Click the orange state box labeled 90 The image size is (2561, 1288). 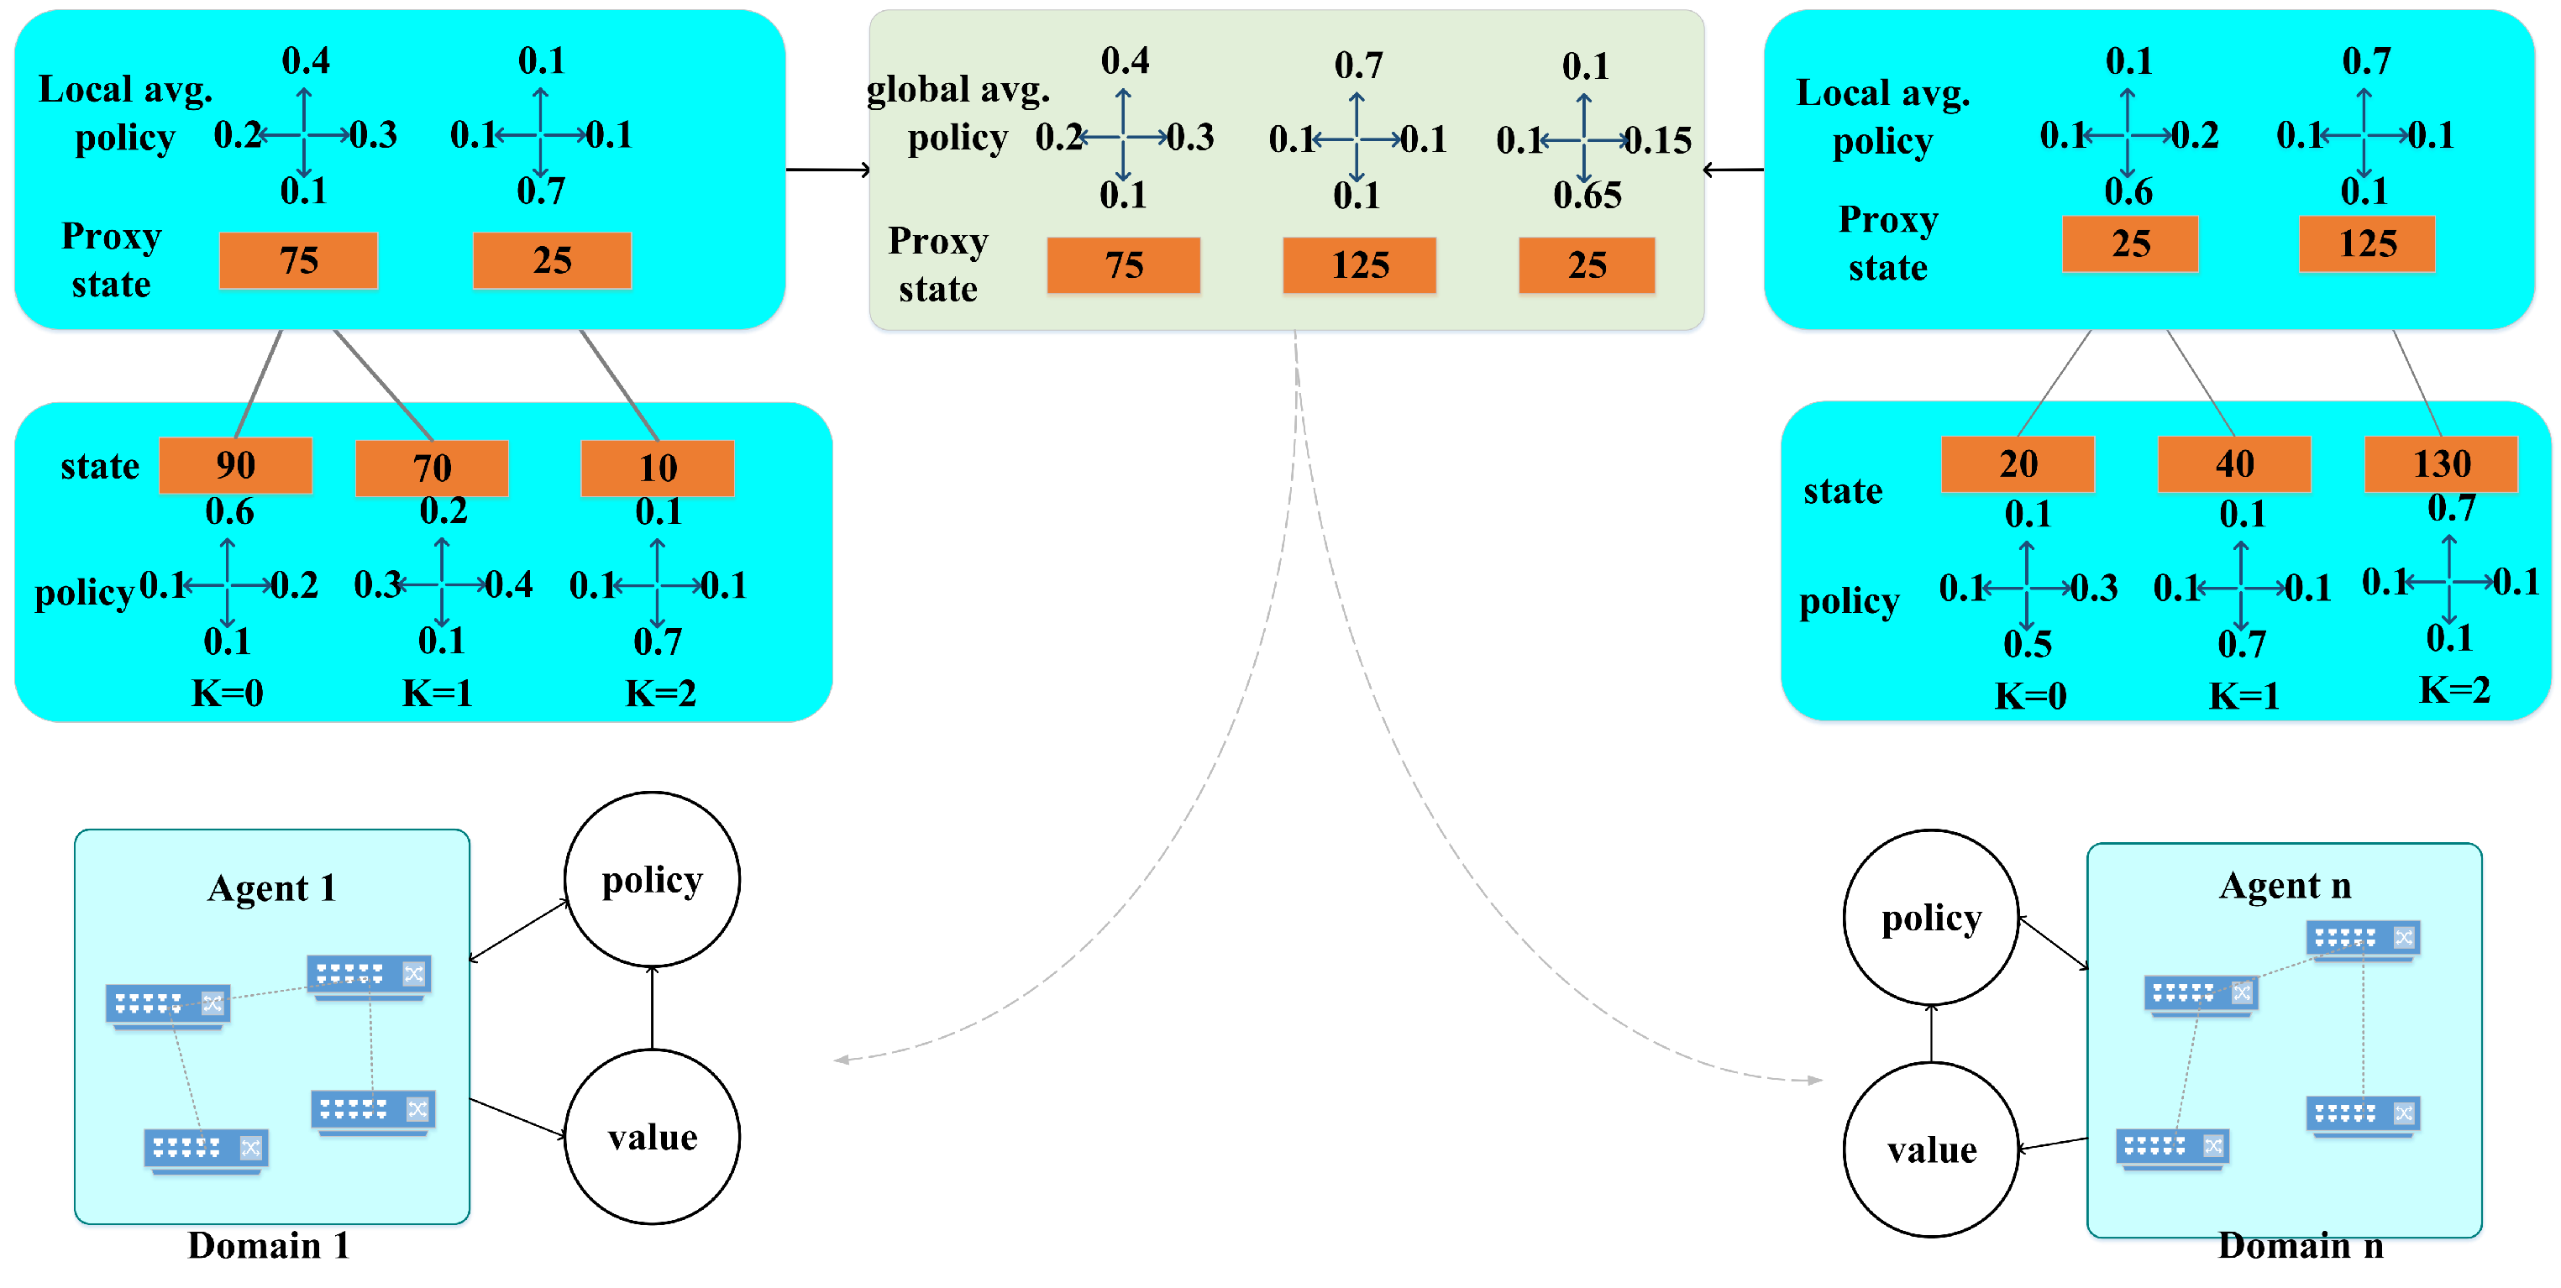[236, 465]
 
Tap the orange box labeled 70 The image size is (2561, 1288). [432, 468]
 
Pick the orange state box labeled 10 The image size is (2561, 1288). [657, 468]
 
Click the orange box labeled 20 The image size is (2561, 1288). [2018, 464]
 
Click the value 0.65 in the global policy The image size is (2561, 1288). [1587, 195]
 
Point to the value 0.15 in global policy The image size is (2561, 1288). [1657, 140]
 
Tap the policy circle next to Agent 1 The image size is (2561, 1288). [652, 880]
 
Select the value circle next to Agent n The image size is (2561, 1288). [1931, 1149]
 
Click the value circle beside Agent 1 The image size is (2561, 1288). [652, 1137]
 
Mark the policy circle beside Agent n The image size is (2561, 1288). [1931, 918]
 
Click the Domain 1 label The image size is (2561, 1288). [269, 1245]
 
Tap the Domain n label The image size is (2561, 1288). [2300, 1245]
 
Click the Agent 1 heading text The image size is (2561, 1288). [271, 887]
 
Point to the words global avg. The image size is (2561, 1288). [958, 90]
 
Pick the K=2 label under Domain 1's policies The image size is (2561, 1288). [660, 693]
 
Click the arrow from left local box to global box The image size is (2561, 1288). [827, 170]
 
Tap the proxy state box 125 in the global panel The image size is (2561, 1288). [1359, 265]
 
